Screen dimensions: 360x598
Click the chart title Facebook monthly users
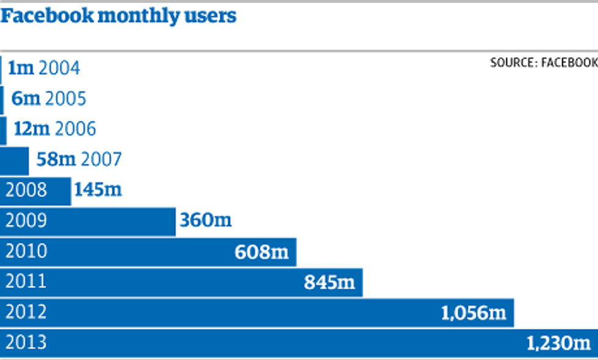point(118,16)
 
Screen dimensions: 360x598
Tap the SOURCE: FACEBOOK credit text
point(544,63)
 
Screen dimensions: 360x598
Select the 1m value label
point(21,68)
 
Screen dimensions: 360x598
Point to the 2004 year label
point(59,68)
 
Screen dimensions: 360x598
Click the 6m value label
point(25,98)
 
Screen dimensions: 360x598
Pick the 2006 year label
point(75,129)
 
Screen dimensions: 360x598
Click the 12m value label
point(31,129)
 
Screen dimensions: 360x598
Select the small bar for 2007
point(14,160)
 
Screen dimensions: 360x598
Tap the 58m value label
point(56,160)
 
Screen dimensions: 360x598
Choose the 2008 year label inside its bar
point(26,190)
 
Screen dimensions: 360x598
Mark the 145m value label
point(98,190)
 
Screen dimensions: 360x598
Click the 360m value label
point(206,220)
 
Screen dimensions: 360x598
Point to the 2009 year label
point(26,220)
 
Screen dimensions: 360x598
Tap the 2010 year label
point(26,251)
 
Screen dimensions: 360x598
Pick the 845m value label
point(330,282)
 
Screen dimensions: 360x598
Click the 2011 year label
point(26,282)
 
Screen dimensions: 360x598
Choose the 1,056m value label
point(474,313)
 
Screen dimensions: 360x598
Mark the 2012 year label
point(26,312)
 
